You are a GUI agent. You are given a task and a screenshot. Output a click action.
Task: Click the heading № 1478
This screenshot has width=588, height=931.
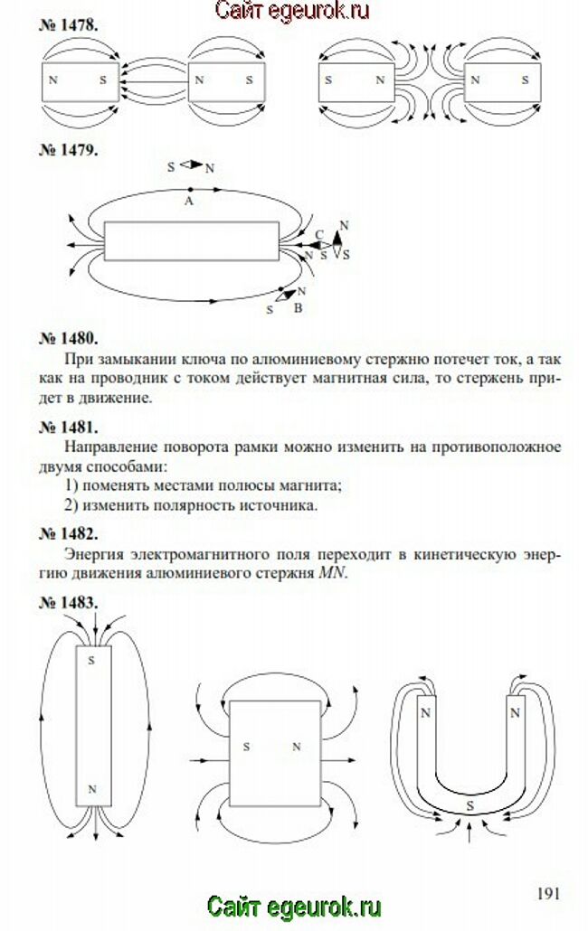(68, 25)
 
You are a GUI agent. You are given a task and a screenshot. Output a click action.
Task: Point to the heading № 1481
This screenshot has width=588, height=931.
(68, 426)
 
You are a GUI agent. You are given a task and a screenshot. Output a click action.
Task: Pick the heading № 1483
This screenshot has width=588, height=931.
(68, 602)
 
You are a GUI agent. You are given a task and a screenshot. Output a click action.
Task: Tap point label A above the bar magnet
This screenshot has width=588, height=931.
(189, 201)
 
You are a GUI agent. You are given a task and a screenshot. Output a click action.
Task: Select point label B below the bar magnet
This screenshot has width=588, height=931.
(298, 308)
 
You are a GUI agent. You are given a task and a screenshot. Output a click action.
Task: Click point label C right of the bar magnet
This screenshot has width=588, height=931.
(318, 235)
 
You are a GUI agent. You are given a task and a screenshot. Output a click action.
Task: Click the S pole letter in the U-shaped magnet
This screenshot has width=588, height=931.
(469, 804)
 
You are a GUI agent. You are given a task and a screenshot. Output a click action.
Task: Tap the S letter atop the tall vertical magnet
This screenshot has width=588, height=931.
(90, 661)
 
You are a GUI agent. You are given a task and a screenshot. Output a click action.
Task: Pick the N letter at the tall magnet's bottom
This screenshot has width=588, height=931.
(90, 789)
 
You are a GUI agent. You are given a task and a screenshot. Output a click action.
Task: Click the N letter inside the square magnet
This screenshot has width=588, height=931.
(296, 748)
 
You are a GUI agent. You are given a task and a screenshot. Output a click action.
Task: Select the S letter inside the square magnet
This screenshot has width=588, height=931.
(246, 748)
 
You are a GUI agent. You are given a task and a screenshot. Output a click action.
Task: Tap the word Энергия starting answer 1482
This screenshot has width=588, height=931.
(95, 553)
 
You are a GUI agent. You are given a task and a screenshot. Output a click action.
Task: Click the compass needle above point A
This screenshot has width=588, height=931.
(191, 166)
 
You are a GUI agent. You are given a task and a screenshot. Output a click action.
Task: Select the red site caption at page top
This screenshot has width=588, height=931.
(293, 11)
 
